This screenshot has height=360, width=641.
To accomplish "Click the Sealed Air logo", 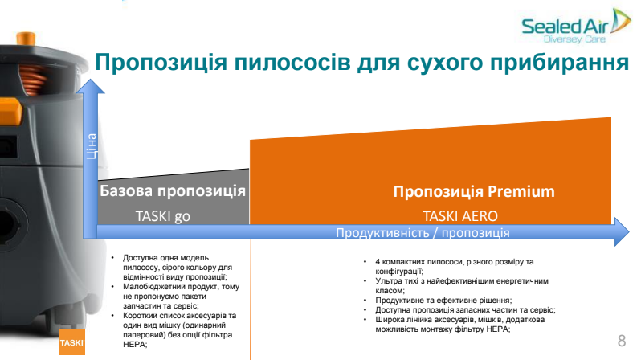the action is pyautogui.click(x=576, y=26).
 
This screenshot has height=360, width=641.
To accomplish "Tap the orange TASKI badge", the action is pyautogui.click(x=72, y=342).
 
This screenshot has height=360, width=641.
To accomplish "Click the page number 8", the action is pyautogui.click(x=622, y=341).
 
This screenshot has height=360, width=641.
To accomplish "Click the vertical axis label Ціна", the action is pyautogui.click(x=91, y=146).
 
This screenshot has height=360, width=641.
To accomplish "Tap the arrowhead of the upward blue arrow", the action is pyautogui.click(x=90, y=86).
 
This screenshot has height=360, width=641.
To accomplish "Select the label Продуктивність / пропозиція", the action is pyautogui.click(x=423, y=233).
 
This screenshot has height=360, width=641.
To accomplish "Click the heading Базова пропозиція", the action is pyautogui.click(x=173, y=191).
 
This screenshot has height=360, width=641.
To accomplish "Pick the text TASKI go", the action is pyautogui.click(x=163, y=216).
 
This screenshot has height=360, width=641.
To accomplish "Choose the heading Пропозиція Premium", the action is pyautogui.click(x=474, y=191).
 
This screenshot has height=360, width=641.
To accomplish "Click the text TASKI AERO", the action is pyautogui.click(x=460, y=216).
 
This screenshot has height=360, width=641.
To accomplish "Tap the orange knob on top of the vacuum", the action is pyautogui.click(x=26, y=38).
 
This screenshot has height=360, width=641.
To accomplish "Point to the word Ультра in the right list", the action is pyautogui.click(x=386, y=281).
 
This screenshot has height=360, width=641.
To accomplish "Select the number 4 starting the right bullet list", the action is pyautogui.click(x=378, y=262).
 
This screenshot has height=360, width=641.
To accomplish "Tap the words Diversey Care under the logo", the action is pyautogui.click(x=574, y=39).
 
